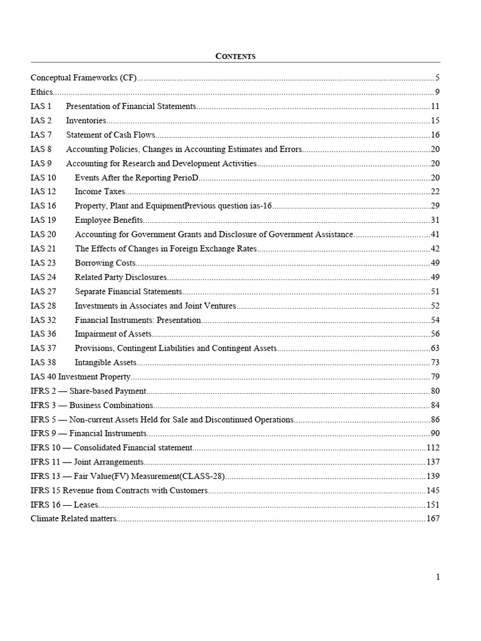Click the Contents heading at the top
235,56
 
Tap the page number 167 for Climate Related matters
433,519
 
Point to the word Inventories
86,121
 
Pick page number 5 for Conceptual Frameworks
437,78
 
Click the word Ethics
42,93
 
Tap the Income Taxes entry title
100,192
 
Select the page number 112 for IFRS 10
433,448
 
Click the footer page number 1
438,577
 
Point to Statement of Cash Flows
110,135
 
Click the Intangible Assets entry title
105,362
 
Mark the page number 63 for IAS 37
435,348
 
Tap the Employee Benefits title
109,220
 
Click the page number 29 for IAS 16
435,206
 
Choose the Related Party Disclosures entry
121,277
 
